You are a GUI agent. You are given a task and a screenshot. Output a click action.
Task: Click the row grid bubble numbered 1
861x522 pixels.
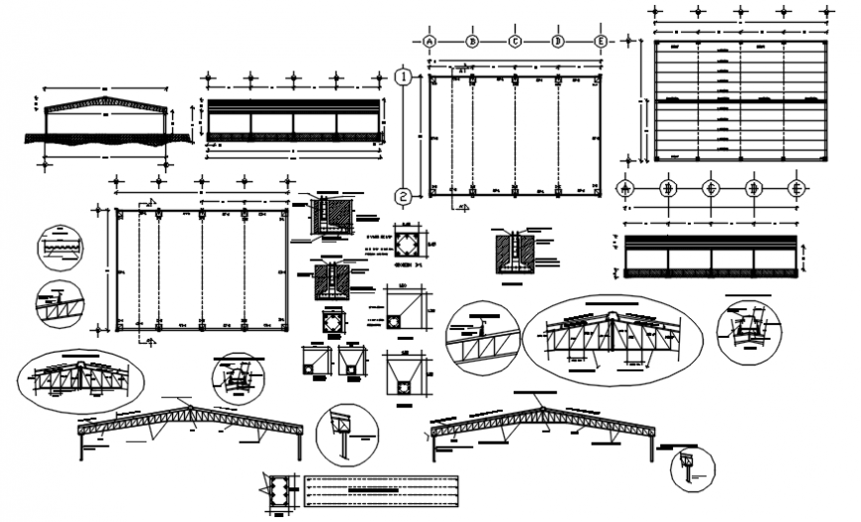pyautogui.click(x=403, y=76)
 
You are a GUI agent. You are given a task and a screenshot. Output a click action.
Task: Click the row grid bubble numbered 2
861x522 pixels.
pyautogui.click(x=403, y=197)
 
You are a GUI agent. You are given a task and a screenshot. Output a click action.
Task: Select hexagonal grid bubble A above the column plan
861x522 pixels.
pyautogui.click(x=430, y=42)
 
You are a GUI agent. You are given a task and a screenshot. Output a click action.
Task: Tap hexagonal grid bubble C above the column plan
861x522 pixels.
pyautogui.click(x=516, y=42)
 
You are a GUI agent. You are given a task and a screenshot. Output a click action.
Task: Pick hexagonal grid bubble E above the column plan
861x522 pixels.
pyautogui.click(x=601, y=42)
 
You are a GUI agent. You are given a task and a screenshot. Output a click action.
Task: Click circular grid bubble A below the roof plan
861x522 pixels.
pyautogui.click(x=624, y=187)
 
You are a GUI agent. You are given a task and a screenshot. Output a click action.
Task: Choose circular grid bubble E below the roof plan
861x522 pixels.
pyautogui.click(x=795, y=187)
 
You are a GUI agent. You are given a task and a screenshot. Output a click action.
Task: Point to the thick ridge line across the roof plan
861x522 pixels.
pyautogui.click(x=739, y=101)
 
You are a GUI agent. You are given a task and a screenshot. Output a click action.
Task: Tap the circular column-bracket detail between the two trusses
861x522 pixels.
pyautogui.click(x=345, y=432)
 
